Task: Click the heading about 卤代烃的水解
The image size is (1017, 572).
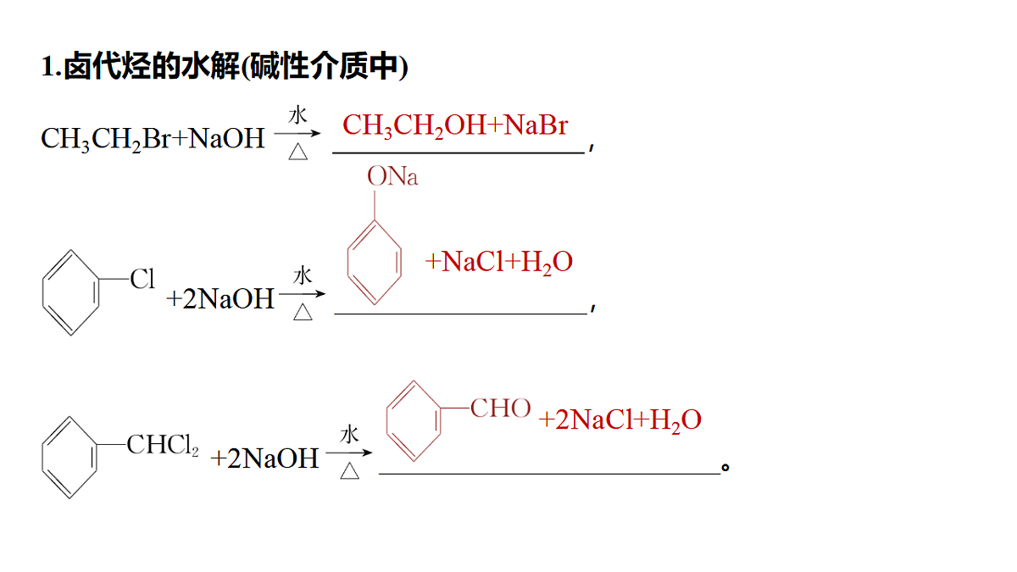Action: coord(225,66)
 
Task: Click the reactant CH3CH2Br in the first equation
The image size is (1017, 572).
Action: coord(106,139)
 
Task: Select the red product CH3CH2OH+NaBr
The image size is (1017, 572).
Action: coord(455,125)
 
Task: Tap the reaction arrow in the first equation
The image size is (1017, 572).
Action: coord(297,134)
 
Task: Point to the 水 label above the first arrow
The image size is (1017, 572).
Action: coord(297,115)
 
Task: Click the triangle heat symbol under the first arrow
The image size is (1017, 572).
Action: coord(297,152)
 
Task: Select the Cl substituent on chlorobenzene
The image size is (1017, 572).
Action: coord(142,278)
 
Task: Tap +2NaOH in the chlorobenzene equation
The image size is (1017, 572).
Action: coord(220,298)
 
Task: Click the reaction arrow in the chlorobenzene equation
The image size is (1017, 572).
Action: coord(302,294)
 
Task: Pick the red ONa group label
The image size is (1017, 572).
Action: coord(392,176)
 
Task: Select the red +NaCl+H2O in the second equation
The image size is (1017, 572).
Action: coord(498,262)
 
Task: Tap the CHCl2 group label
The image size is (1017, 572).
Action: coord(163,444)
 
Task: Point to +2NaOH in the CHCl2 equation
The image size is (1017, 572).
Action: coord(264,458)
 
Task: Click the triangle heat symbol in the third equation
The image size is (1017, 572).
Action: coord(349,471)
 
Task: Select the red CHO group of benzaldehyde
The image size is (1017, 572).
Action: coord(500,408)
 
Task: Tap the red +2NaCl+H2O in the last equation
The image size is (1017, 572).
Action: coord(620,419)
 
